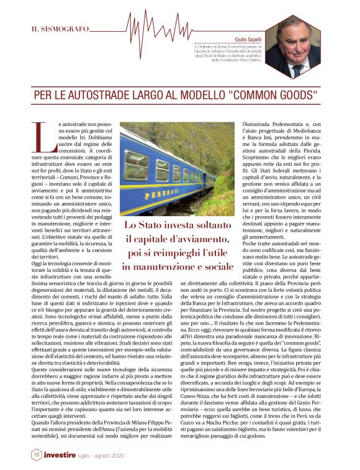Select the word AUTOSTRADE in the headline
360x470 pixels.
coord(106,96)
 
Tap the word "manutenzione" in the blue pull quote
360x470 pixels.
coord(164,266)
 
